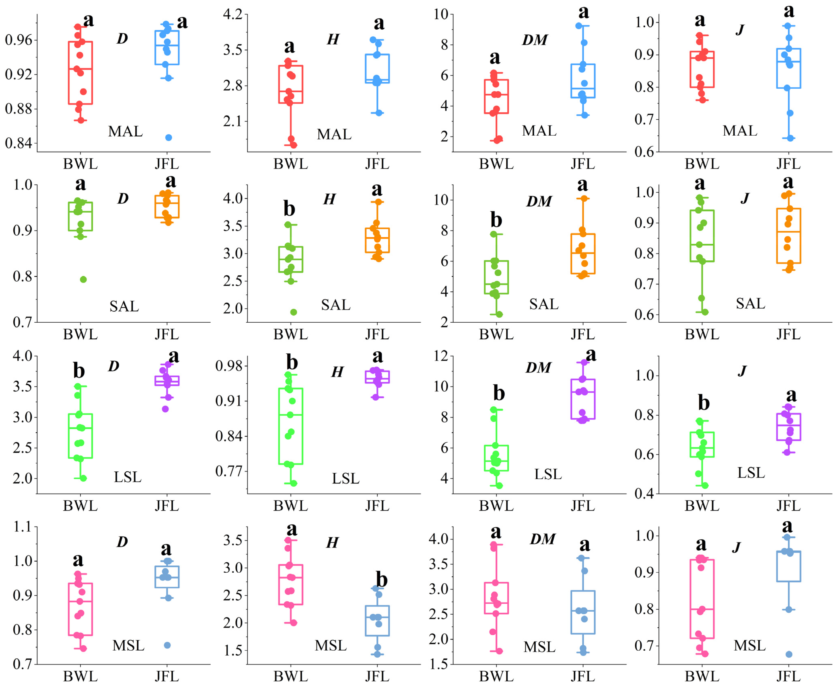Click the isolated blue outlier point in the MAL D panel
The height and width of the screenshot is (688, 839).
pos(168,138)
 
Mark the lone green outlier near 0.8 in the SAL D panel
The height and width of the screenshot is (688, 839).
pos(83,279)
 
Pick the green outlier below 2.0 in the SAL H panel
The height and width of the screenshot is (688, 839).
pos(294,312)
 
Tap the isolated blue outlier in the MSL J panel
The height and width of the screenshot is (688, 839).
pos(789,654)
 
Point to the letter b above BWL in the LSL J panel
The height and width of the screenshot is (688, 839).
pos(703,403)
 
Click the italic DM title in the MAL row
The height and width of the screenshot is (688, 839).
pos(535,40)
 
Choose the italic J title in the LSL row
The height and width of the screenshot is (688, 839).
pos(742,371)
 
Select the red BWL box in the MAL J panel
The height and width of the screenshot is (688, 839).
pos(702,69)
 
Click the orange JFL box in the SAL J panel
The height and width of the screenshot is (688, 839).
pos(788,236)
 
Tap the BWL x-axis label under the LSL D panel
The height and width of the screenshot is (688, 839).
pos(80,506)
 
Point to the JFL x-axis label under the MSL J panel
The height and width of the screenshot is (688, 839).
pos(788,676)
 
